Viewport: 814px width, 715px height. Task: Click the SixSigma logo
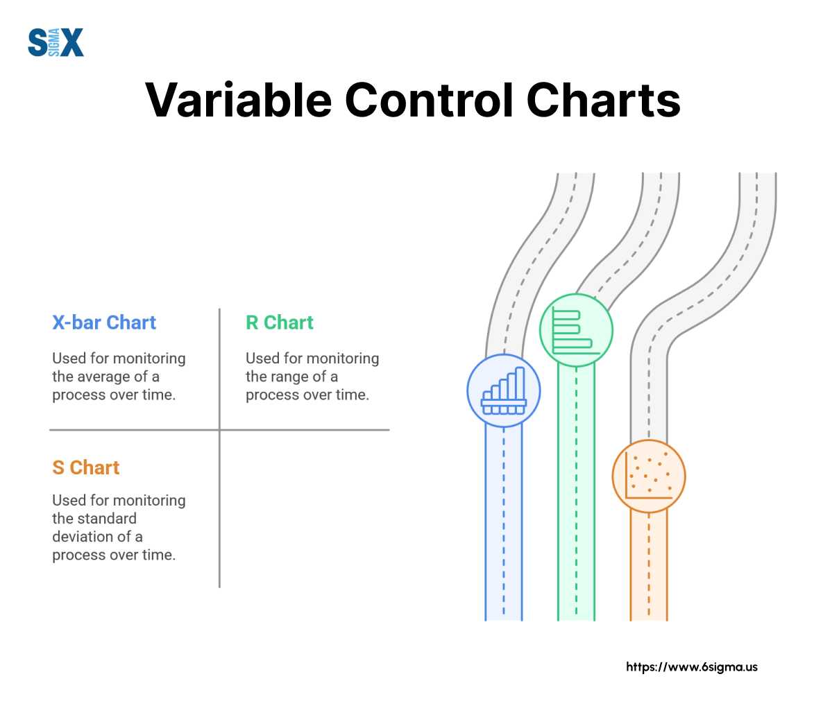coord(56,42)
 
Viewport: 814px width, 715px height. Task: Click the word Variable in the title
coord(238,100)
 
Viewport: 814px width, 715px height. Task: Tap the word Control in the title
coord(429,100)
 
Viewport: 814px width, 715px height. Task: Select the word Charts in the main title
coord(603,100)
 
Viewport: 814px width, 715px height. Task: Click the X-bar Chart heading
coord(104,322)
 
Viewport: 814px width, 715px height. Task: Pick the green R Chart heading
coord(279,322)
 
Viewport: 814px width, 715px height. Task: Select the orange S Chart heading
coord(85,467)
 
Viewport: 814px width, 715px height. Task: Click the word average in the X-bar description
coord(108,377)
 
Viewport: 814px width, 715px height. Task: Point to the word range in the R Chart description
coord(291,377)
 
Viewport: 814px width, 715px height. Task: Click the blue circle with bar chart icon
coord(504,390)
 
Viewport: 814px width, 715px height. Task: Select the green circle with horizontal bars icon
coord(576,330)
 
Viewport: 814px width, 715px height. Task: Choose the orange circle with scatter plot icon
coord(649,476)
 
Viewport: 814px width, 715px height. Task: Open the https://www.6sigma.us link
coord(691,666)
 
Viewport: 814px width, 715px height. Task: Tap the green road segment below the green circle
coord(576,493)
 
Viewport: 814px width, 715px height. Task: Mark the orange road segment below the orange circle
coord(649,566)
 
